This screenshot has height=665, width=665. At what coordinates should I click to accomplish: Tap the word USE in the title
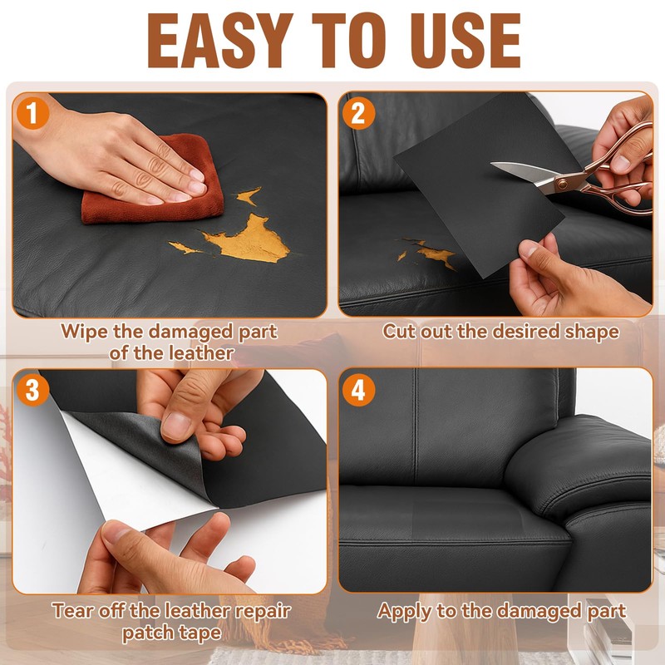point(465,41)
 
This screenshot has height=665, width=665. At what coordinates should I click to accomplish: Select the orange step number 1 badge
point(32,113)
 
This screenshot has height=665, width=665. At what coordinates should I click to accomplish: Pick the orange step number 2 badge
point(359,113)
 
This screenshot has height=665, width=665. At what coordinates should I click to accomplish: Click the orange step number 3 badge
point(33,390)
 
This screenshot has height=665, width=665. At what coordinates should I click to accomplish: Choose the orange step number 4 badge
point(359,390)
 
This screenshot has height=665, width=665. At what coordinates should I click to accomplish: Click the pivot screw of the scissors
point(563,184)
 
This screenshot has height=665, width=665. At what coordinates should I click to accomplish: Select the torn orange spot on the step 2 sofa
point(437,254)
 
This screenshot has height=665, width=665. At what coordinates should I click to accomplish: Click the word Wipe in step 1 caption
point(84,332)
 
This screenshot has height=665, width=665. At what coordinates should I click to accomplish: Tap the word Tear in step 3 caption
point(72,611)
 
